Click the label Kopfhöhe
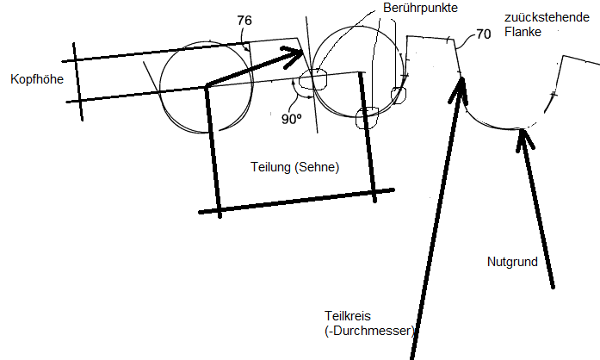point(37,79)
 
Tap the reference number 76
point(244,21)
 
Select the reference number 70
point(483,34)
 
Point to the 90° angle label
point(292,119)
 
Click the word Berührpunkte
point(420,8)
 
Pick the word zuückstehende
point(547,17)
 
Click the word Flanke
point(523,32)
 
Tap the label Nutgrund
point(512,262)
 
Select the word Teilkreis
point(348,316)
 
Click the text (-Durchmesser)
point(369,331)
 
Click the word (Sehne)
point(317,167)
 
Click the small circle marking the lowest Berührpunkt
point(367,118)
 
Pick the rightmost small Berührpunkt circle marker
point(399,95)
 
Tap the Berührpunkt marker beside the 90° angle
point(313,79)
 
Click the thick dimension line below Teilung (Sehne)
point(296,201)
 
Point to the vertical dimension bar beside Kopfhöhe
point(77,82)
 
